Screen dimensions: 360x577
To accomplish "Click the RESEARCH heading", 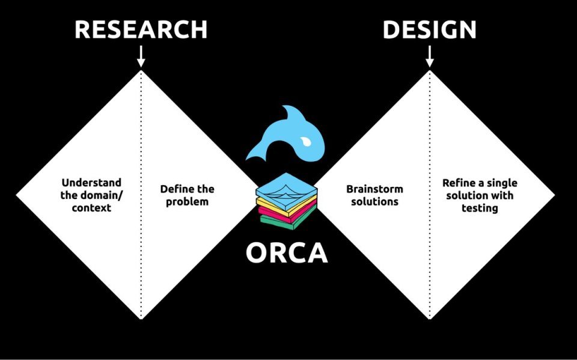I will click(x=141, y=29).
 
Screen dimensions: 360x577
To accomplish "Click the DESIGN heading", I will click(x=429, y=29).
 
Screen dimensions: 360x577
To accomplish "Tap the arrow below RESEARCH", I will click(x=141, y=56).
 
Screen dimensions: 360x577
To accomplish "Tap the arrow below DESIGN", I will click(x=429, y=56).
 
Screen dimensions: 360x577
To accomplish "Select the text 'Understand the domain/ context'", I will click(x=91, y=195).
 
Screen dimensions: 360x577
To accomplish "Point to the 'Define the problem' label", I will click(x=187, y=195).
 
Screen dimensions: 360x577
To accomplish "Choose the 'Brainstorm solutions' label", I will click(x=374, y=195).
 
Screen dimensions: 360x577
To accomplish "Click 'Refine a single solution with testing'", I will click(x=479, y=195).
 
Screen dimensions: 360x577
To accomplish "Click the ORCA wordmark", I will click(x=287, y=253).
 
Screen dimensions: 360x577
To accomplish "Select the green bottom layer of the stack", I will click(x=287, y=222).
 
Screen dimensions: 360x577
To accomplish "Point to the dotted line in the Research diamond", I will click(x=141, y=252).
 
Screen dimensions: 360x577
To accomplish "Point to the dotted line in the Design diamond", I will click(x=429, y=252).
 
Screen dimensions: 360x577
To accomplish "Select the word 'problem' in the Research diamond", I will click(x=187, y=201).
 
